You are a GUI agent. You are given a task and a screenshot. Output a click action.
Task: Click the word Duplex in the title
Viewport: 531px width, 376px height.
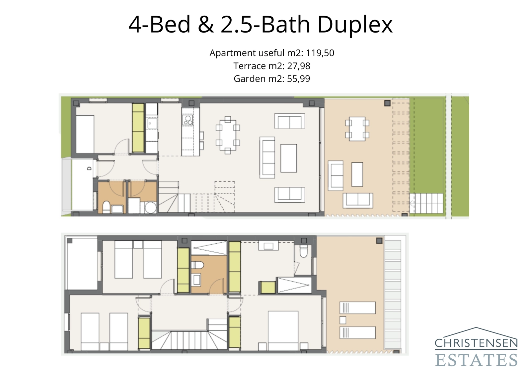point(355,25)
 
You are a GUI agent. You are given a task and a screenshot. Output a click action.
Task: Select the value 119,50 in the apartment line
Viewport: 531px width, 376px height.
point(320,53)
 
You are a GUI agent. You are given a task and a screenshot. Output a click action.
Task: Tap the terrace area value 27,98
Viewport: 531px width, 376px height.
point(299,66)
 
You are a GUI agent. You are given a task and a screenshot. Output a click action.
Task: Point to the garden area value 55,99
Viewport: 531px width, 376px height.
point(299,79)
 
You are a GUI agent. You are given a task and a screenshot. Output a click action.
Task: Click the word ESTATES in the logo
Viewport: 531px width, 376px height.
point(476,360)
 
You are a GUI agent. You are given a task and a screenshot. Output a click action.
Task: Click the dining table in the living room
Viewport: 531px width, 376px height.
point(228,135)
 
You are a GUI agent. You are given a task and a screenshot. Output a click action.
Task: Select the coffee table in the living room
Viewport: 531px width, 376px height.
point(288,158)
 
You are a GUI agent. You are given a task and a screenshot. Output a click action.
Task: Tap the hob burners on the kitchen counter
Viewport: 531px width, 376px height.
point(188,120)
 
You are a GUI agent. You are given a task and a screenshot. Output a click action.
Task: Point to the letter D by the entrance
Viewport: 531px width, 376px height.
point(89,169)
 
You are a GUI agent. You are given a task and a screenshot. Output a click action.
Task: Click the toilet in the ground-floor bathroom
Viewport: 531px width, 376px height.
point(107,207)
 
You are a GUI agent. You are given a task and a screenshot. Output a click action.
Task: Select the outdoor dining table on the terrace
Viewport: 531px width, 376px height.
point(357,129)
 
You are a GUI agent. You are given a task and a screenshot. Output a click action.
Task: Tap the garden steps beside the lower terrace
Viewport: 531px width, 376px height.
point(427,203)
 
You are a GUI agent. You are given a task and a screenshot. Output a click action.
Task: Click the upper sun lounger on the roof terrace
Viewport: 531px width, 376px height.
point(357,308)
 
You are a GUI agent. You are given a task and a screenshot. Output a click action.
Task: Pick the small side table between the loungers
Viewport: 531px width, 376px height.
point(343,320)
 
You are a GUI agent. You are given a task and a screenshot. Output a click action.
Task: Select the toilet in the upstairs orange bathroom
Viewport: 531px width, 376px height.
point(198,265)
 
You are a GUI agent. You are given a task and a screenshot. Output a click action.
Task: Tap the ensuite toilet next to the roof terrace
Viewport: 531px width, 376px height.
point(304,252)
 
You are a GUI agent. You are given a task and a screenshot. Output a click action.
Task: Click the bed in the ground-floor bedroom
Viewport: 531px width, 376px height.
point(85,134)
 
